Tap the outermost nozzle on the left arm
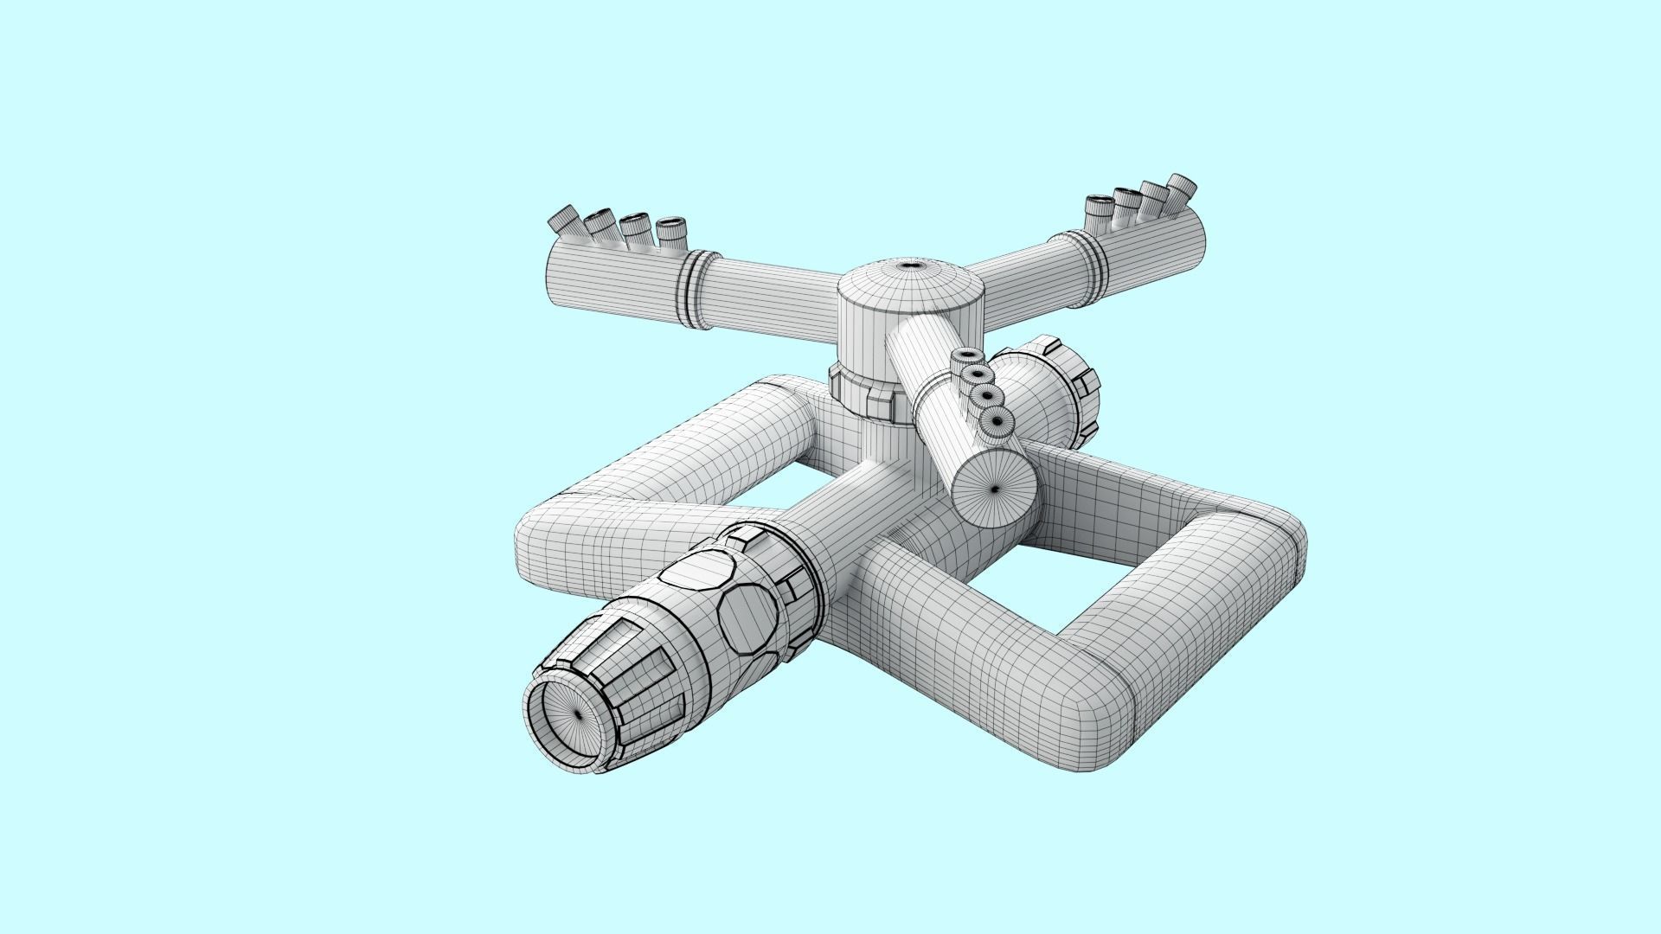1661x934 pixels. click(x=566, y=217)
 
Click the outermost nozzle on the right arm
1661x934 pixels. click(x=1182, y=184)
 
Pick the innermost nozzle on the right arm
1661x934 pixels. click(x=1100, y=204)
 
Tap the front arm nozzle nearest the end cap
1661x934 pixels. click(x=997, y=421)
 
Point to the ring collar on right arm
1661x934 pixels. click(x=1094, y=262)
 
